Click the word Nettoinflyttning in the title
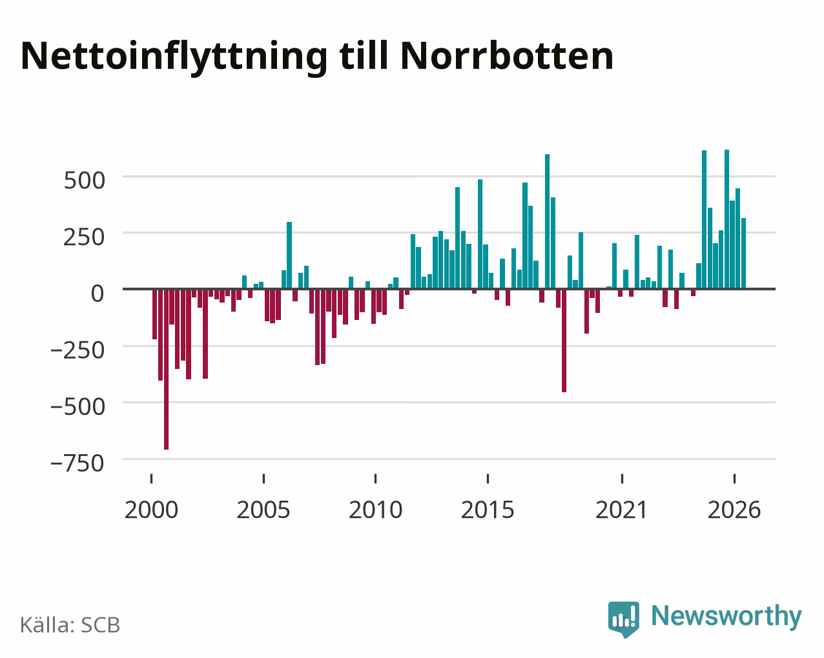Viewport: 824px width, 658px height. (x=174, y=57)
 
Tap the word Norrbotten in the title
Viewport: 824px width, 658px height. (x=507, y=56)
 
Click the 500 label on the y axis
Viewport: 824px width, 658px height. (x=84, y=180)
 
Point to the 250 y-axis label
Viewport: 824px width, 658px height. (x=84, y=237)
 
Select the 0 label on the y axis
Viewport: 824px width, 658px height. (x=98, y=294)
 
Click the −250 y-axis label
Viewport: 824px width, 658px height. (x=77, y=350)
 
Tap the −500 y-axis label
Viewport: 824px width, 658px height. (x=77, y=406)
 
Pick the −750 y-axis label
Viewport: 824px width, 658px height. (x=77, y=463)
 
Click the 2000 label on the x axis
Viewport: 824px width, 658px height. (x=152, y=510)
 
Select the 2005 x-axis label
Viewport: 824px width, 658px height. (x=263, y=510)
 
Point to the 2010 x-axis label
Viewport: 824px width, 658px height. (x=376, y=510)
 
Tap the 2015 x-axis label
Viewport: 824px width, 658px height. (x=488, y=510)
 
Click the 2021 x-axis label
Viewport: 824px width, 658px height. (x=622, y=510)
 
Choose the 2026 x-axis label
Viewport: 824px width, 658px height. (x=734, y=510)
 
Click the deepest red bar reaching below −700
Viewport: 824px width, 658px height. (x=166, y=369)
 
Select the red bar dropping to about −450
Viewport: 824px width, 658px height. (x=564, y=341)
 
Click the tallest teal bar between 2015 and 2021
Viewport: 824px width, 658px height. (x=547, y=221)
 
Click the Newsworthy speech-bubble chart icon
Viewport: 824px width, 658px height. (x=624, y=619)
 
